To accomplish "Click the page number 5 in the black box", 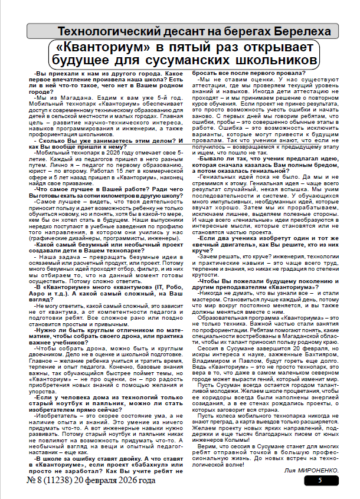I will [x=319, y=481].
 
